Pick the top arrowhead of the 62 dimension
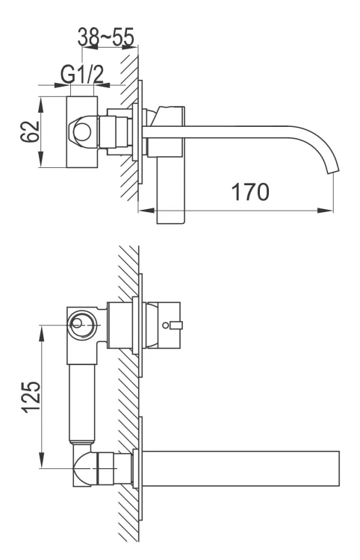click(x=42, y=99)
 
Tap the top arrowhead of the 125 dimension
click(x=42, y=329)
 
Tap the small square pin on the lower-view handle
click(x=177, y=324)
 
